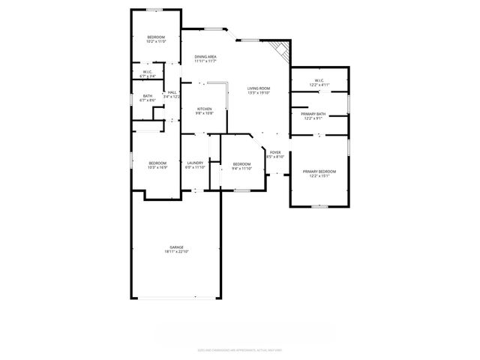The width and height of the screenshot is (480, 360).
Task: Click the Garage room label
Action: pyautogui.click(x=176, y=247)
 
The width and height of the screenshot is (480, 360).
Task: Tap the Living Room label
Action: pyautogui.click(x=259, y=88)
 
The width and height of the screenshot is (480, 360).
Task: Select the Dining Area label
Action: pyautogui.click(x=205, y=57)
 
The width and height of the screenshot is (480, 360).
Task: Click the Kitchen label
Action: pyautogui.click(x=204, y=109)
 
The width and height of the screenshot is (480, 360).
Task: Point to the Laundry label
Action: pyautogui.click(x=195, y=163)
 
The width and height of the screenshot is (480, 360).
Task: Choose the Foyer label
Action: pyautogui.click(x=275, y=152)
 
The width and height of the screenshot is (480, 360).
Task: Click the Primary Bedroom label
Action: pyautogui.click(x=319, y=172)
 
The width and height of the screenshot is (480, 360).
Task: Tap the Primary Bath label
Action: pyautogui.click(x=313, y=114)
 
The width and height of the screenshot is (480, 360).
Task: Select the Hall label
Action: pyautogui.click(x=172, y=92)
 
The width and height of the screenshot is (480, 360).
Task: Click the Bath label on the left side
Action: pyautogui.click(x=148, y=95)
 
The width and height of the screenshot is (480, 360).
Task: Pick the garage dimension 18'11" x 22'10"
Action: pyautogui.click(x=176, y=251)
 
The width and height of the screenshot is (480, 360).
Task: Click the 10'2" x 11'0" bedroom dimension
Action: pyautogui.click(x=155, y=42)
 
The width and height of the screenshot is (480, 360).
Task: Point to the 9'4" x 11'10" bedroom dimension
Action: pyautogui.click(x=241, y=169)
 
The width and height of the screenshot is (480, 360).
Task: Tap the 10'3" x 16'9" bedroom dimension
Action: pyautogui.click(x=157, y=168)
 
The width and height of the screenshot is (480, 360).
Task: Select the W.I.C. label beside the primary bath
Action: pyautogui.click(x=319, y=80)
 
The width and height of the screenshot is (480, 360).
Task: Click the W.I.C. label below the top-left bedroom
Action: pyautogui.click(x=148, y=72)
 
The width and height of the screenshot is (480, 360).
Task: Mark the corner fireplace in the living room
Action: pyautogui.click(x=281, y=50)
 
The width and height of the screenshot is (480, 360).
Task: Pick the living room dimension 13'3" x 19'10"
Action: pyautogui.click(x=259, y=93)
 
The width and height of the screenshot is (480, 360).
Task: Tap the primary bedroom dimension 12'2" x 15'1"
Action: pyautogui.click(x=319, y=176)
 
